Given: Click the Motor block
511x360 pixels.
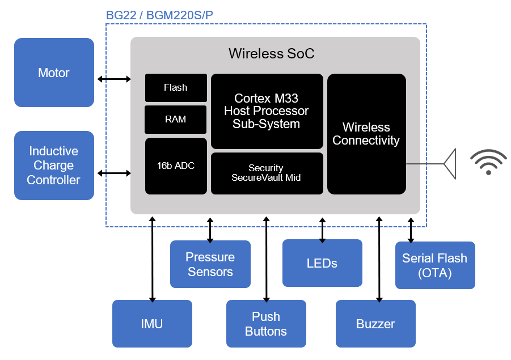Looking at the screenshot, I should [x=54, y=73].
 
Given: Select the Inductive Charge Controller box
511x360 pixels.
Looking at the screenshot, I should [x=54, y=166].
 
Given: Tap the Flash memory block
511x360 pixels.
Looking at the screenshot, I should [x=176, y=88].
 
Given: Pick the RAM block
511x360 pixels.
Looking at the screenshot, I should [x=176, y=120].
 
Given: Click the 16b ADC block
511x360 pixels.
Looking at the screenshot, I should [x=176, y=166].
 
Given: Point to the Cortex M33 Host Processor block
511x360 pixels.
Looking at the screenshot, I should [x=267, y=111].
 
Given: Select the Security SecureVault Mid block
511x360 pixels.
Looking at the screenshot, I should [x=267, y=173].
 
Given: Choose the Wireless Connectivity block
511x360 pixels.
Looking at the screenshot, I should [x=366, y=134].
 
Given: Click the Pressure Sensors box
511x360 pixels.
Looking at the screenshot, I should [x=210, y=264].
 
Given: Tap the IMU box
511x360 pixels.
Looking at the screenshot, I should [x=152, y=324].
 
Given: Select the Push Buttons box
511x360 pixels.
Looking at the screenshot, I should [x=266, y=324].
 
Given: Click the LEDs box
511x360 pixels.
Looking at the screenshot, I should [x=322, y=263].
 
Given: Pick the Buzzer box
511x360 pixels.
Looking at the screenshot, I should [x=375, y=324].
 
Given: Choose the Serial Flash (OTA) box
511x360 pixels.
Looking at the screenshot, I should [x=435, y=265].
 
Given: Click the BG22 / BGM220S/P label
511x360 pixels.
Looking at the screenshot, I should [x=159, y=15].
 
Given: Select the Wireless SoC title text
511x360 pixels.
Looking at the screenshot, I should [x=271, y=54].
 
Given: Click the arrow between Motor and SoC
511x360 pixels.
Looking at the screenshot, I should [x=113, y=79].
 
